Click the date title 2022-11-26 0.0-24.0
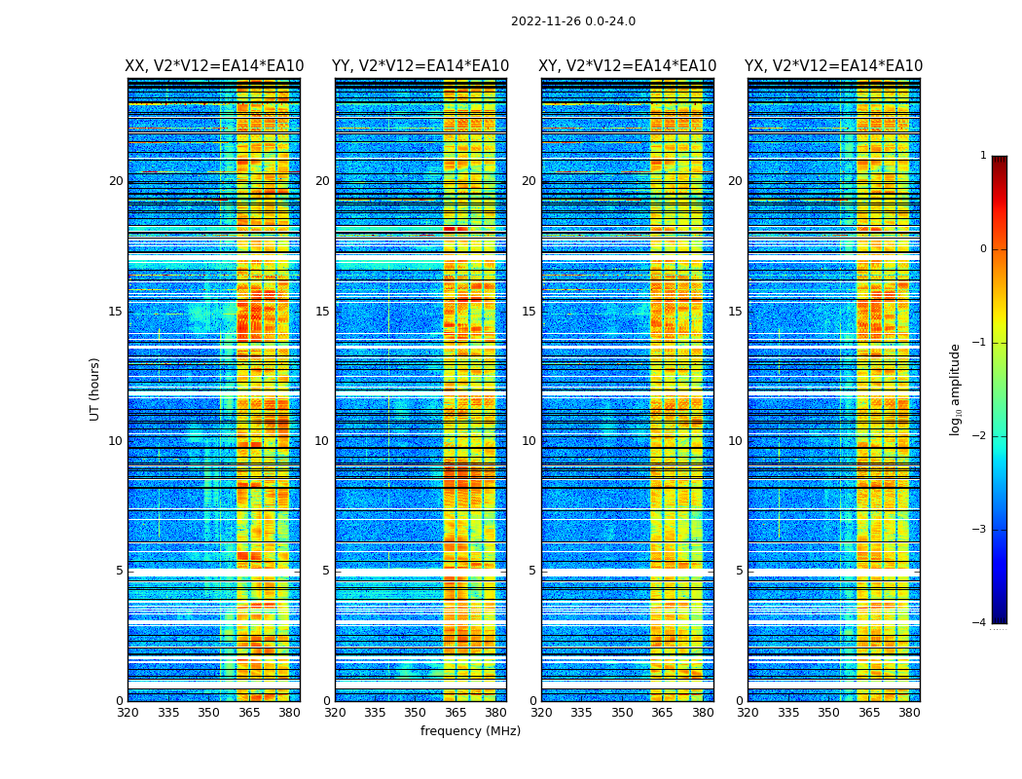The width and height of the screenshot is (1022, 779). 572,21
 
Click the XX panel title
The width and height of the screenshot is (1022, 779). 214,66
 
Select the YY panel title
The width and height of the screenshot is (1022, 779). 420,66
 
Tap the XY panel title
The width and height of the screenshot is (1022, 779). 627,66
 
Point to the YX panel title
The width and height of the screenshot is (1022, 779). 833,66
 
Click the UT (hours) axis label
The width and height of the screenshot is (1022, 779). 95,389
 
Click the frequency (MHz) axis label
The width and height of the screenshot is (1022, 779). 470,731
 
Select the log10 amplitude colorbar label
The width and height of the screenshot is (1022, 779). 955,389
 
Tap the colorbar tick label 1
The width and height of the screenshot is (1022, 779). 983,156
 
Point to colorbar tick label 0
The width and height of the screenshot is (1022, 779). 983,249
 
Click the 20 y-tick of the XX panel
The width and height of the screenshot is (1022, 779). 116,181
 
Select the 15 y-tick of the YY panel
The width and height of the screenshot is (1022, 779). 322,312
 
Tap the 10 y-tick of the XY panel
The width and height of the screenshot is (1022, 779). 529,441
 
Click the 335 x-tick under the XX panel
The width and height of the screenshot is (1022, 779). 168,713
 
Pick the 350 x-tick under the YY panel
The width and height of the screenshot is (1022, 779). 416,713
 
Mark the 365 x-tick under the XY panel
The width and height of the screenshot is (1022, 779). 662,713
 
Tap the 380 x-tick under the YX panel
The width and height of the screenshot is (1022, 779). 909,713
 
